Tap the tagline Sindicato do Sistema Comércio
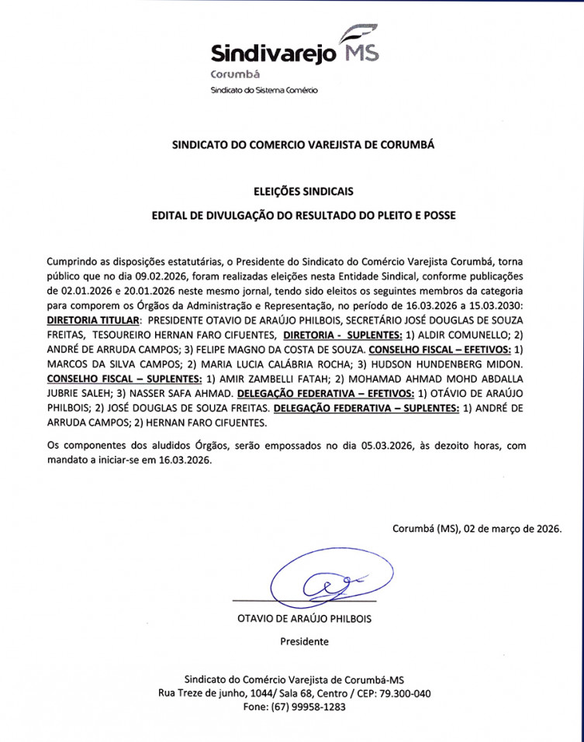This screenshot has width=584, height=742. click(264, 91)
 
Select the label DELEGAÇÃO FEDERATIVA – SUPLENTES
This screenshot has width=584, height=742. click(367, 408)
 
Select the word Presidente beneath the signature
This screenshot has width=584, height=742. click(304, 641)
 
